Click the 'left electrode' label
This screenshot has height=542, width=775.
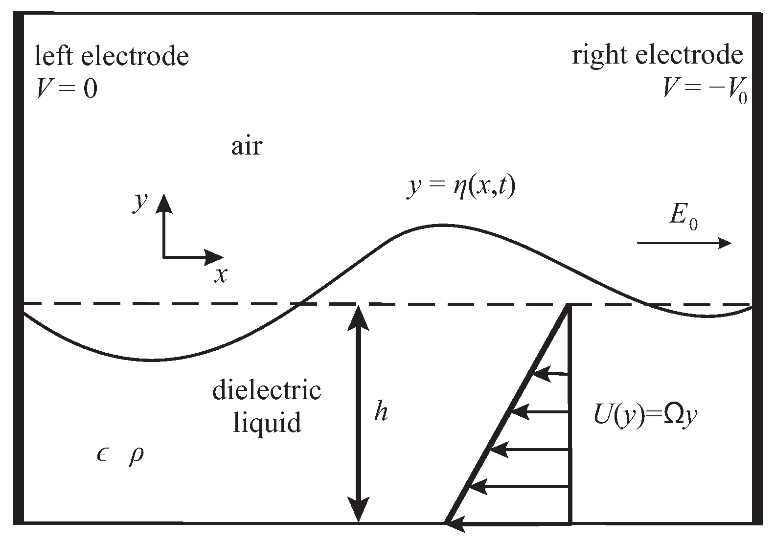[x=112, y=56]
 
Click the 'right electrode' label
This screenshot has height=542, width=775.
[x=657, y=55]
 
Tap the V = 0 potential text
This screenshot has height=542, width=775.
[x=68, y=89]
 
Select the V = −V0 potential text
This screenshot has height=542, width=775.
[x=705, y=90]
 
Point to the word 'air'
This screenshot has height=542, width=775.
[x=247, y=146]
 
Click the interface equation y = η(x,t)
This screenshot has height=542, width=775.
[x=461, y=188]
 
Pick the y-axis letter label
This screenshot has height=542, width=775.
[x=140, y=201]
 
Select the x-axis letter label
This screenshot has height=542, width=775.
[x=221, y=275]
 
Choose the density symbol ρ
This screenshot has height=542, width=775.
[x=136, y=456]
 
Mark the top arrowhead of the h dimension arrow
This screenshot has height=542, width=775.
[x=360, y=315]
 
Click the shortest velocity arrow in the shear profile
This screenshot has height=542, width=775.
[x=550, y=375]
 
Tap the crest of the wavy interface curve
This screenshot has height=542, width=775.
[x=442, y=225]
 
